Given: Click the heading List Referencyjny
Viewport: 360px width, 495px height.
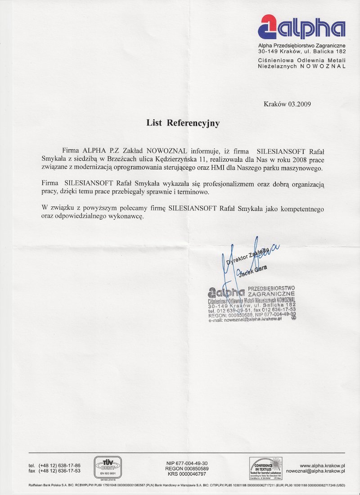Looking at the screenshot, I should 183,123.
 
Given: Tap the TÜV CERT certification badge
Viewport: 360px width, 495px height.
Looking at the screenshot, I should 107,467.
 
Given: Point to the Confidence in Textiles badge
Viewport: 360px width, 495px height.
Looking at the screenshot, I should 265,468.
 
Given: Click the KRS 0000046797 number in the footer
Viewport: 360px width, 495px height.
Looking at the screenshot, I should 186,474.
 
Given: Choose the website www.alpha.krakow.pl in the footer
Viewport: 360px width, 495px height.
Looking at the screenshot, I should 322,465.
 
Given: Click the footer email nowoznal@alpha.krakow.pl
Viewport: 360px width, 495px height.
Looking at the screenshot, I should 315,471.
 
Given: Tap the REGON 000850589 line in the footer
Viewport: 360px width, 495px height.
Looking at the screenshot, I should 186,468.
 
